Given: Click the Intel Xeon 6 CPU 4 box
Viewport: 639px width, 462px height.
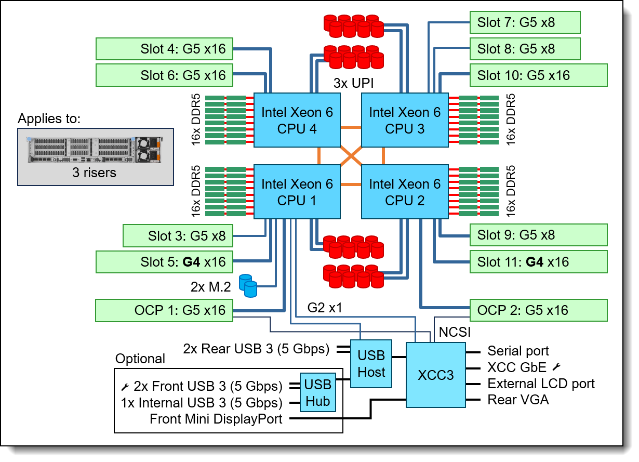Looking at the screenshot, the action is tap(297, 120).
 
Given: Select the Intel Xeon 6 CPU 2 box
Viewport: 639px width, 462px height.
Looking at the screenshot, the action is tap(405, 192).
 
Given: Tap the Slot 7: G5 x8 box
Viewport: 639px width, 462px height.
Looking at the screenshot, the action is tap(525, 22).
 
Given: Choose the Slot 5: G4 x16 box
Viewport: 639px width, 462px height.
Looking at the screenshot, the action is tap(164, 262).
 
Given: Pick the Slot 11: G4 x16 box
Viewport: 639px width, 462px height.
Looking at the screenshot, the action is tap(539, 262).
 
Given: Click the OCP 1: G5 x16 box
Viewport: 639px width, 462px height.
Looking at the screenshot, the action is tap(164, 310).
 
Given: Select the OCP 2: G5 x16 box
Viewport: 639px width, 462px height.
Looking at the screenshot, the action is tap(539, 310).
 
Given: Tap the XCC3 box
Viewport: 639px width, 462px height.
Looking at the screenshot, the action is tap(435, 375).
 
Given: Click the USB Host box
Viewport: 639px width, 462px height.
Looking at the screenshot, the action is tap(371, 364).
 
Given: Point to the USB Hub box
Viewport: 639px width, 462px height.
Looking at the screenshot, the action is tap(318, 393).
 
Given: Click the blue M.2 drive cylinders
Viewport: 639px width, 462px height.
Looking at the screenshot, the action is tap(248, 286).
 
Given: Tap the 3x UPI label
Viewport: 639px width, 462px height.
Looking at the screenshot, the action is tap(353, 83).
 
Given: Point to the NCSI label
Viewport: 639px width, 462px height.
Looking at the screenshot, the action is tap(455, 332).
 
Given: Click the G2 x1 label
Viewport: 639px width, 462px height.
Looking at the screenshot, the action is tap(325, 308).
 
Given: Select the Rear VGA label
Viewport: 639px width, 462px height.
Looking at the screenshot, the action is tap(518, 400).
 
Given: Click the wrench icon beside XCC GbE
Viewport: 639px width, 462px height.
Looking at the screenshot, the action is tap(556, 367).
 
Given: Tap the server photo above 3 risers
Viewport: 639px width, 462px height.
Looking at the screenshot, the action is tap(95, 150).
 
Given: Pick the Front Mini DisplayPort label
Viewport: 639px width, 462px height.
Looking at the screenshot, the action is tap(216, 419).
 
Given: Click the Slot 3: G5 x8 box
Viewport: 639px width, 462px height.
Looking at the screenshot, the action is tap(178, 236).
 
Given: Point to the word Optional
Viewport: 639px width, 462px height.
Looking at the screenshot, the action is tap(140, 359).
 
